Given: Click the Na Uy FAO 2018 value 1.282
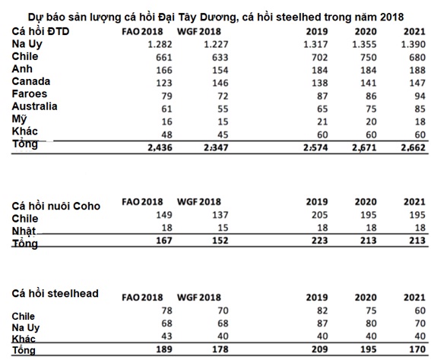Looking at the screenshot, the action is (x=160, y=44).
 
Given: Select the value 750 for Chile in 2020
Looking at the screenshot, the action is (x=369, y=58).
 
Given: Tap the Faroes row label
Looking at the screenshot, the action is (x=30, y=94).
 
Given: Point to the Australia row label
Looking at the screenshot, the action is (x=35, y=106).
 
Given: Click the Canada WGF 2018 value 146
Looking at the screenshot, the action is (x=220, y=83).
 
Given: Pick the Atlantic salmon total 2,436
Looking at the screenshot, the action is (x=160, y=148).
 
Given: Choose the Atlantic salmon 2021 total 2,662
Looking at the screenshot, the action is (x=413, y=148).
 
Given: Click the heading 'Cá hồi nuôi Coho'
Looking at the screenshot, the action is (x=56, y=207).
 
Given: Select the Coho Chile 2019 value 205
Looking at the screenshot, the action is (x=320, y=215).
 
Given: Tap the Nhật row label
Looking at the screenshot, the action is (x=24, y=231).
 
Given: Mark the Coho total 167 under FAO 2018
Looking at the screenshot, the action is (x=164, y=241).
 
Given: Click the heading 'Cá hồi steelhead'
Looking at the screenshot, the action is (x=55, y=294).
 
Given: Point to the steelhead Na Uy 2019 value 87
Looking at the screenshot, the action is (x=322, y=324).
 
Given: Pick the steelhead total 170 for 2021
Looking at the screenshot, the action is (x=417, y=349).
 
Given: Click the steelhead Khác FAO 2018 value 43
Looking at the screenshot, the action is (x=166, y=336).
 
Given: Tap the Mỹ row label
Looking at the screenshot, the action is (x=19, y=119).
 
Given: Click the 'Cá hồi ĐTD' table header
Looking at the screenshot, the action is (x=40, y=31).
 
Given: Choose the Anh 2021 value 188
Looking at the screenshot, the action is (x=417, y=70).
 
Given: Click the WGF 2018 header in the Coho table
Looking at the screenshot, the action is (x=199, y=202).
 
